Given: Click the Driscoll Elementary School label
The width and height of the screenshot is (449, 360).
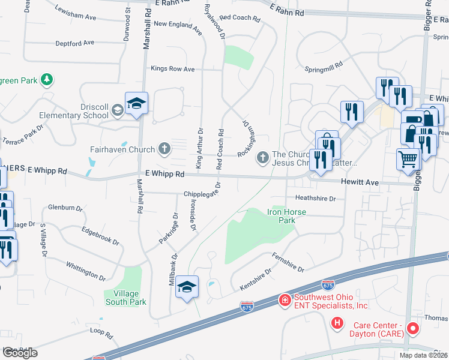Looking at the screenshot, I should (x=87, y=111).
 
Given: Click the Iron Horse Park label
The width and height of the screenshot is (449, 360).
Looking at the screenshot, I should (x=282, y=216).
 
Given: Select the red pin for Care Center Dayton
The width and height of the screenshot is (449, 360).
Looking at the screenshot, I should (x=412, y=328).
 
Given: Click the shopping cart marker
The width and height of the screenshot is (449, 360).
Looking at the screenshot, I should (x=408, y=160).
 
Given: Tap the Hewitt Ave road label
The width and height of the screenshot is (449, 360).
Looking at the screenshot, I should (x=360, y=182).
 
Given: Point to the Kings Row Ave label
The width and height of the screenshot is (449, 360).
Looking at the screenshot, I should (x=173, y=69).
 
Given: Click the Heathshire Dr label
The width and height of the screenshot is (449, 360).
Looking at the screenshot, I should (x=315, y=197).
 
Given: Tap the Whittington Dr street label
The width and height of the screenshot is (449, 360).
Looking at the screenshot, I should (x=85, y=271).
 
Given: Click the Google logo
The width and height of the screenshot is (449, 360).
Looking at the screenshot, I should (x=20, y=353).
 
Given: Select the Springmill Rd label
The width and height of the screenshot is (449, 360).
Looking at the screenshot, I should (x=323, y=64).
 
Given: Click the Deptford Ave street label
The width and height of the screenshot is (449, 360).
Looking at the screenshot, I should (x=75, y=43).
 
